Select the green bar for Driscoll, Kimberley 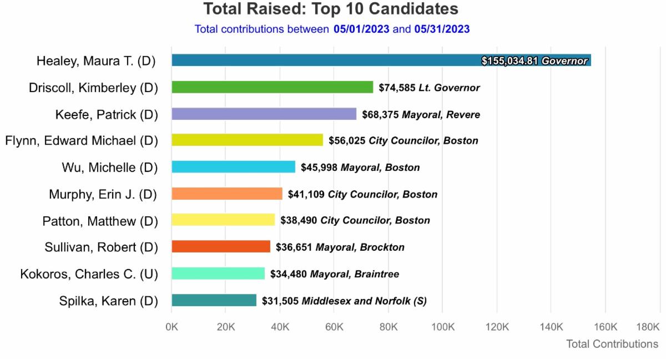(272, 87)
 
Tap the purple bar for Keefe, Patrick (264, 114)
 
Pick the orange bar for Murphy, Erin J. (226, 194)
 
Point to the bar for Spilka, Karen (214, 301)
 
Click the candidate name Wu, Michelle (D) (109, 168)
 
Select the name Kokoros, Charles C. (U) (89, 274)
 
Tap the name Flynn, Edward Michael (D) (82, 141)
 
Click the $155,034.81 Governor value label (534, 61)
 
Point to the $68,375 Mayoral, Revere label (421, 115)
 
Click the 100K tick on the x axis (442, 327)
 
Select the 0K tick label (172, 327)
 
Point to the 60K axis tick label (334, 327)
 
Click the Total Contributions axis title (612, 344)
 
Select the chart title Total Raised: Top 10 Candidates (331, 9)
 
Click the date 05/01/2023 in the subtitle (361, 29)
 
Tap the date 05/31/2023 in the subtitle (442, 29)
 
